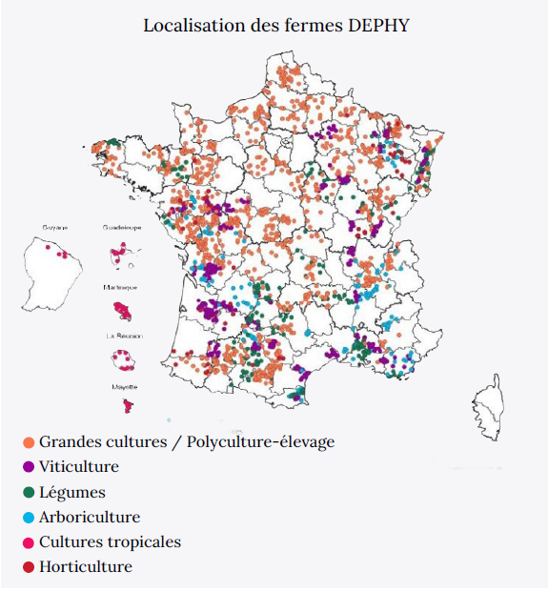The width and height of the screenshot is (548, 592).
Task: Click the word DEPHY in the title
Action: [x=377, y=25]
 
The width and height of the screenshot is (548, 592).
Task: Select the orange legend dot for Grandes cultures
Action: [x=28, y=442]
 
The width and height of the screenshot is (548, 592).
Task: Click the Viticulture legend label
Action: [x=79, y=467]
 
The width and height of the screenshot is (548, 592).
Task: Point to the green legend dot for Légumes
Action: [x=28, y=493]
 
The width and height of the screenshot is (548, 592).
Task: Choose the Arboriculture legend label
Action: [x=90, y=518]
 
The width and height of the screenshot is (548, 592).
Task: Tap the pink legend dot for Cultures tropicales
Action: [x=28, y=542]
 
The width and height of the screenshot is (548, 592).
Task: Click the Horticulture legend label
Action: [x=86, y=567]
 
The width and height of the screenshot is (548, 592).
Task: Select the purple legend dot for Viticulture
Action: [x=28, y=467]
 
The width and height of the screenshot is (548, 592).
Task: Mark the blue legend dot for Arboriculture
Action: [x=28, y=518]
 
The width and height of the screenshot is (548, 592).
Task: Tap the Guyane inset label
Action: [x=55, y=229]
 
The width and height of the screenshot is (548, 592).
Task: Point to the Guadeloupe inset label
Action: [x=122, y=229]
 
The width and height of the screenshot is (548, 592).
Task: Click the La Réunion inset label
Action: [x=124, y=337]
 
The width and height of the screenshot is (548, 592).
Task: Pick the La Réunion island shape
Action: [x=125, y=360]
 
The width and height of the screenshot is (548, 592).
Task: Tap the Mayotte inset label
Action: [x=124, y=387]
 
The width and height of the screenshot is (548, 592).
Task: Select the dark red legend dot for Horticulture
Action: [x=28, y=567]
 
